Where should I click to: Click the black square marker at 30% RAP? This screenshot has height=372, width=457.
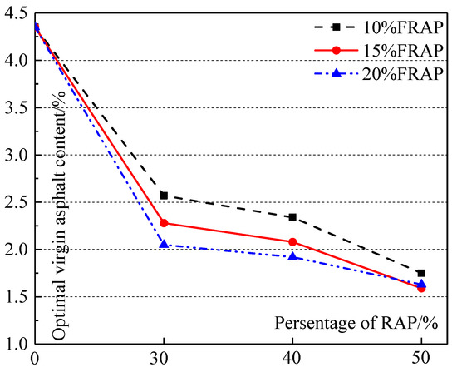164,196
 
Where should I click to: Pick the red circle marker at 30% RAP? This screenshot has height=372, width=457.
164,223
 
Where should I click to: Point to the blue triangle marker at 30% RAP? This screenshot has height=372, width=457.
164,244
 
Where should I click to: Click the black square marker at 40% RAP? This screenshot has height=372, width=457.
292,217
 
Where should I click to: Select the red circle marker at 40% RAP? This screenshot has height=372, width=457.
292,241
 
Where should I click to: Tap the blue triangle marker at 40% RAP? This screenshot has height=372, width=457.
292,256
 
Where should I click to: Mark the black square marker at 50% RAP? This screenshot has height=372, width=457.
421,273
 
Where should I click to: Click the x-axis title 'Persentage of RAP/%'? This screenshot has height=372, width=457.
372,322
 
